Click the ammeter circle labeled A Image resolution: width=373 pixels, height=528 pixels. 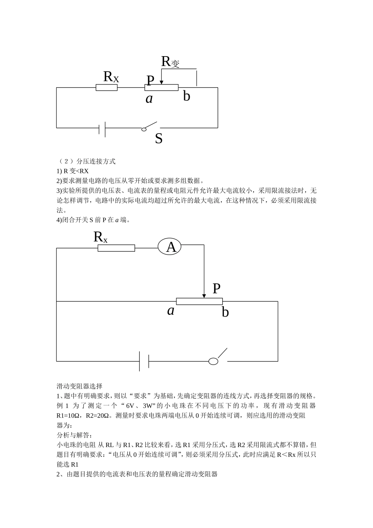(x=170, y=247)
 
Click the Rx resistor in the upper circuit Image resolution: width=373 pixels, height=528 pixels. (x=106, y=87)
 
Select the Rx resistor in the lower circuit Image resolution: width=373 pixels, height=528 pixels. (x=116, y=248)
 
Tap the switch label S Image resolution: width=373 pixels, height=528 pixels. (x=159, y=139)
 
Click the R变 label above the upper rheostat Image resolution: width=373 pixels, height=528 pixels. (x=170, y=62)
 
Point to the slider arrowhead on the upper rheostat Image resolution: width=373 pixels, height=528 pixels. (x=161, y=82)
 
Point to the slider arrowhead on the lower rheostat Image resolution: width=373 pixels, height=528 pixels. (x=204, y=295)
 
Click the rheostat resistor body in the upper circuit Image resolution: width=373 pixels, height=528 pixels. (x=161, y=87)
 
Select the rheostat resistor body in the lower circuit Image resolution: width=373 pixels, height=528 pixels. (x=199, y=301)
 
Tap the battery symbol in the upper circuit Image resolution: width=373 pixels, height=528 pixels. (x=102, y=128)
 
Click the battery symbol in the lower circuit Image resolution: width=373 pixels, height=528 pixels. (x=144, y=361)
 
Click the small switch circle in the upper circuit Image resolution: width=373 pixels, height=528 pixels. (x=144, y=128)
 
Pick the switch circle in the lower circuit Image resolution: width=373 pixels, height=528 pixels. (x=213, y=361)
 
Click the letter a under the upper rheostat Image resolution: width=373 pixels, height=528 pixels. (x=149, y=99)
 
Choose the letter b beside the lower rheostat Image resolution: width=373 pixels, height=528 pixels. (x=225, y=312)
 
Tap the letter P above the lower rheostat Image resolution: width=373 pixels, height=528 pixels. (x=216, y=289)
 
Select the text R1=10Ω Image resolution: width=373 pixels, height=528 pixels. (x=69, y=415)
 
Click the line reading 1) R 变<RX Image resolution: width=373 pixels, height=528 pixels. (x=73, y=171)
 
